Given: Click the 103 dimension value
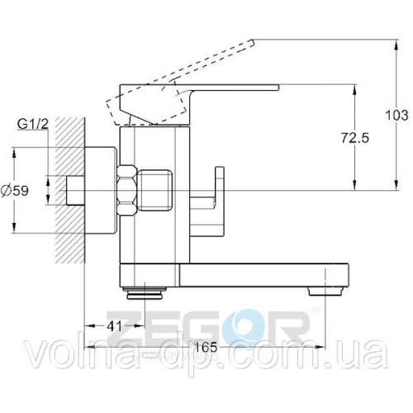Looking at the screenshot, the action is tap(396, 115).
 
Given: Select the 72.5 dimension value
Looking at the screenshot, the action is tap(355, 138).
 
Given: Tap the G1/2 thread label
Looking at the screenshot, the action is tap(33, 125).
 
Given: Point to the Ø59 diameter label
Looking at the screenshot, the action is tap(15, 190).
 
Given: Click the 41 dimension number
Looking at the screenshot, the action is tap(114, 326).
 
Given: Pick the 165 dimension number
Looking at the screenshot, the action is tap(206, 347).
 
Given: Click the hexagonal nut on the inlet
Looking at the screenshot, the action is tap(127, 190).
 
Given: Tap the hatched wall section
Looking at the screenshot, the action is tap(69, 190).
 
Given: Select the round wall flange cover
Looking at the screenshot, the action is tap(102, 190).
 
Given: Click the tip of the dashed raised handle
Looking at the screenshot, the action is tap(252, 42).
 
